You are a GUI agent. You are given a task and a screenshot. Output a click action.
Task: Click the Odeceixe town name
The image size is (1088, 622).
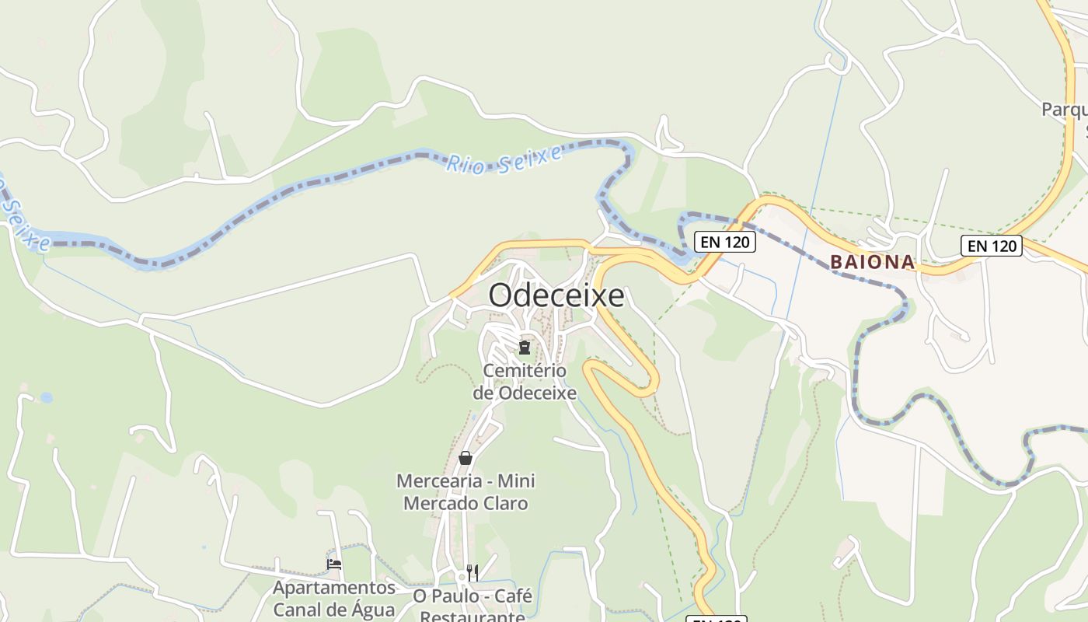pos(556,295)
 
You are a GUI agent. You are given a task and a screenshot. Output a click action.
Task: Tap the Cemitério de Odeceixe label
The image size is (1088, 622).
pos(525,381)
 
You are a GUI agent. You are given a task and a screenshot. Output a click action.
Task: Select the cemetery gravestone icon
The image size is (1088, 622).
pos(525,347)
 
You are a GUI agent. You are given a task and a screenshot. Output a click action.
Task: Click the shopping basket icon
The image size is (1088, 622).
pos(466,458)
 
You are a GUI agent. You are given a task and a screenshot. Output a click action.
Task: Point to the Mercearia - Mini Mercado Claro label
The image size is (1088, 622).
pos(466,492)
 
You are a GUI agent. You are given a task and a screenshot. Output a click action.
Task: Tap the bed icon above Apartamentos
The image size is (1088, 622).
pos(334,564)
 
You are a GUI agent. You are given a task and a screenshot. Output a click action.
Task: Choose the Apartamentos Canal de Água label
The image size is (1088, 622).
pos(333,598)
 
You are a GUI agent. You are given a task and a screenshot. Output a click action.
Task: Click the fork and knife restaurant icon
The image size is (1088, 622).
pos(472,573)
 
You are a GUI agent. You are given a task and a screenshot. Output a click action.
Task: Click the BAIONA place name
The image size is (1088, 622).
pos(872,262)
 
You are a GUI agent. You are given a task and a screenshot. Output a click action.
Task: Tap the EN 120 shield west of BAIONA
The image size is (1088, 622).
pos(724,242)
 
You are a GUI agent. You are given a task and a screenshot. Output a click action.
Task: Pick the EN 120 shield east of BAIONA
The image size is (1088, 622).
pos(991,246)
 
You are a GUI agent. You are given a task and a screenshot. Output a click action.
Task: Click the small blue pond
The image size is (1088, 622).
pos(47,397)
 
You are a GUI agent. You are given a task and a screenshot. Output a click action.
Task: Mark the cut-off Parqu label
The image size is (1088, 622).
pos(1064,110)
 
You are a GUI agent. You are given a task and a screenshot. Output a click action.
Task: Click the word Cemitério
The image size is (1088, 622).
pos(525,370)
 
